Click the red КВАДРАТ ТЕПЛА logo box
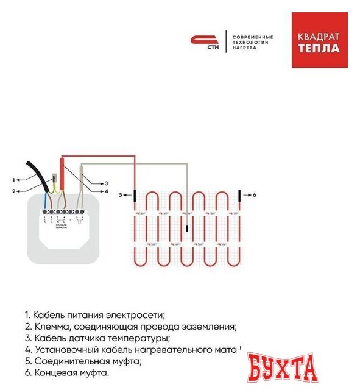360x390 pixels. pos(319,40)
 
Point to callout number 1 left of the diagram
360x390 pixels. pos(13,180)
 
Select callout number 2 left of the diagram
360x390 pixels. pos(13,191)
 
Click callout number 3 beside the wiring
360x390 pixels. pos(106,183)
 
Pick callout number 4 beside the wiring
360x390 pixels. pos(106,191)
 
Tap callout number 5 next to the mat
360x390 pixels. pos(121,195)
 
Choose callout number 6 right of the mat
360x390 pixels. pos(255,195)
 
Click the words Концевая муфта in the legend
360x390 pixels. pos(71,372)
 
